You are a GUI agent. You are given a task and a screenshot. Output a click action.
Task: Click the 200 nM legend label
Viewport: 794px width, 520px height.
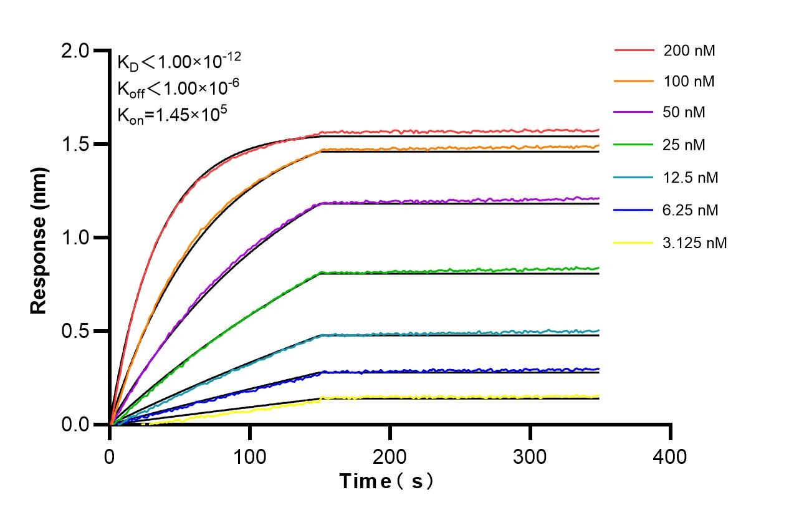tap(689, 51)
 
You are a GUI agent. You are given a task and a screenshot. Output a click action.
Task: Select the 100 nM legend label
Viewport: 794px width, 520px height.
tap(689, 81)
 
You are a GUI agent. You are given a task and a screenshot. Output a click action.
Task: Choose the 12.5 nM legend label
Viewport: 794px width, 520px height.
tap(691, 178)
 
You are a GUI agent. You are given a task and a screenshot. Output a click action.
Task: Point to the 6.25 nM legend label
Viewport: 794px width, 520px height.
tap(691, 210)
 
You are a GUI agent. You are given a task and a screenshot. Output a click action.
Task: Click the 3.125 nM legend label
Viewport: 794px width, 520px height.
tap(695, 243)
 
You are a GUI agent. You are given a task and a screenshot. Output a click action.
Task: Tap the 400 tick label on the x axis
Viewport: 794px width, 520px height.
tap(671, 456)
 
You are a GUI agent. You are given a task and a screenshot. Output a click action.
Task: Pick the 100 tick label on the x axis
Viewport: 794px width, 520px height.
tap(250, 456)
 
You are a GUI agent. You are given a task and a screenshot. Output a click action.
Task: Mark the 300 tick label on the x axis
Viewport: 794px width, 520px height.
tap(530, 456)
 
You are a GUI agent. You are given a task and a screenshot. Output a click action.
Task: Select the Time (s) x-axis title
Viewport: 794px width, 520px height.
tap(386, 481)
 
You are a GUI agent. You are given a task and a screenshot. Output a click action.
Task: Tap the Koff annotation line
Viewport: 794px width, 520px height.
tap(177, 89)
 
